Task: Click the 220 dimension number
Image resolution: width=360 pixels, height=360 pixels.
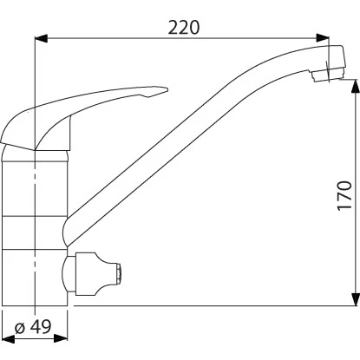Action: point(184,28)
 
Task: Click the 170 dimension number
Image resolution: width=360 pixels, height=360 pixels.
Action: point(344,196)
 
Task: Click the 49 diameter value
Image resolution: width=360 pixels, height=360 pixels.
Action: point(41,326)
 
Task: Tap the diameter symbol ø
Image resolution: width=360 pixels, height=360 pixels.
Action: point(21,327)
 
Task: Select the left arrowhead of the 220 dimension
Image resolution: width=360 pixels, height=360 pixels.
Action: point(41,38)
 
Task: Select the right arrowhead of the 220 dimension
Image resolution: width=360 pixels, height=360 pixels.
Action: point(323,38)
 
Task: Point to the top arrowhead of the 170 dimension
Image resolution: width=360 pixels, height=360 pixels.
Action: point(356,86)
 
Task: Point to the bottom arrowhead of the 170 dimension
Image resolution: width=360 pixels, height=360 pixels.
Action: point(356,299)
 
